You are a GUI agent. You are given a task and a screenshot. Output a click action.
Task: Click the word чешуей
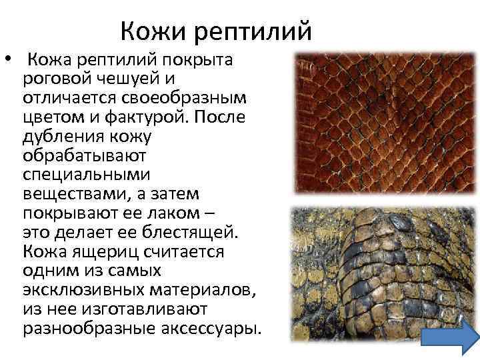point(131,79)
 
